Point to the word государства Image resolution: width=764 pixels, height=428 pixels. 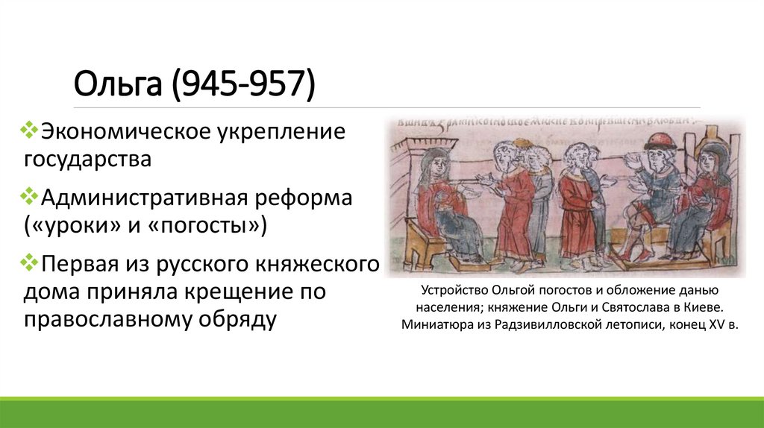(87, 158)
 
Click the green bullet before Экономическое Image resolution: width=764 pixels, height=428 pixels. (31, 130)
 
